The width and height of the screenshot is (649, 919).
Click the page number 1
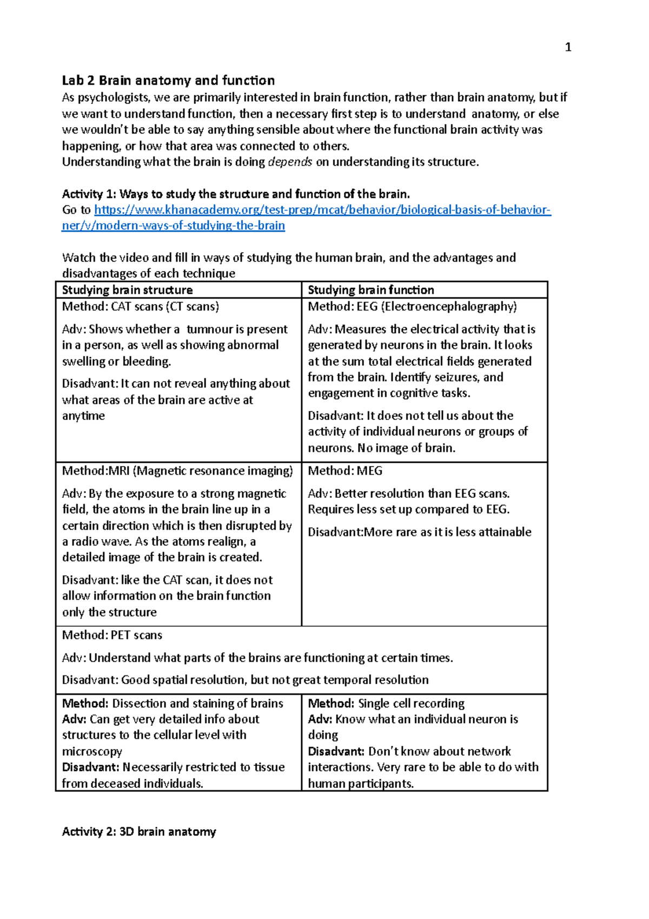pyautogui.click(x=568, y=48)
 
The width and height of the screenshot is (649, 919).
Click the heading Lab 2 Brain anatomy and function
pyautogui.click(x=168, y=81)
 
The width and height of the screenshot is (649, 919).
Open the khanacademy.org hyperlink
pyautogui.click(x=322, y=210)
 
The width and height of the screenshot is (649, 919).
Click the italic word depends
pyautogui.click(x=290, y=162)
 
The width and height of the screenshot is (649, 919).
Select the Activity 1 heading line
pyautogui.click(x=236, y=194)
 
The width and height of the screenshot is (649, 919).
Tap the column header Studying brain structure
pyautogui.click(x=127, y=290)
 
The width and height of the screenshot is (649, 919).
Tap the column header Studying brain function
pyautogui.click(x=371, y=290)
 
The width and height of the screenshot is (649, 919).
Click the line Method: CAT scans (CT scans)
pyautogui.click(x=141, y=306)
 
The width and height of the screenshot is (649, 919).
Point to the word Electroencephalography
pyautogui.click(x=449, y=306)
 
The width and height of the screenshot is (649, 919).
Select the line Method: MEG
pyautogui.click(x=345, y=471)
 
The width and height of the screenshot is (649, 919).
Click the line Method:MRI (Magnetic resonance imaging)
pyautogui.click(x=177, y=471)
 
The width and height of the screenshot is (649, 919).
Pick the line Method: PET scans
pyautogui.click(x=112, y=635)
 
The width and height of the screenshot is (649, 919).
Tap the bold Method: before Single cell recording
pyautogui.click(x=331, y=703)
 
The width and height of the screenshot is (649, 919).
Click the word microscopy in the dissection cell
pyautogui.click(x=92, y=751)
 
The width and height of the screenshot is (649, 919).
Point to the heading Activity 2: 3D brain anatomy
pyautogui.click(x=139, y=831)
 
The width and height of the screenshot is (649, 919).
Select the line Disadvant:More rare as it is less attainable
pyautogui.click(x=420, y=532)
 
